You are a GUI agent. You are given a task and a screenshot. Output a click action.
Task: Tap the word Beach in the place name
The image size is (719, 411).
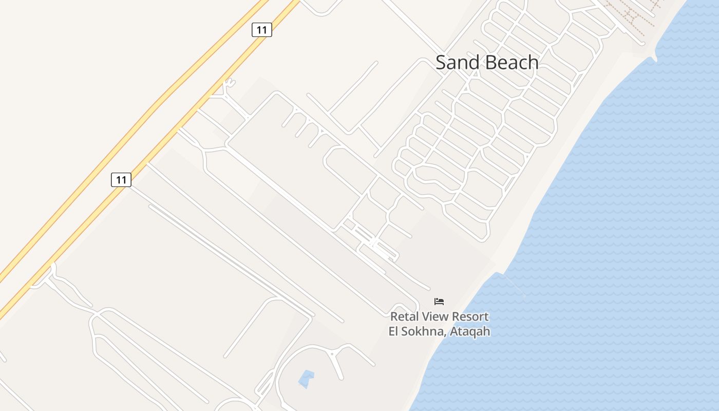512,63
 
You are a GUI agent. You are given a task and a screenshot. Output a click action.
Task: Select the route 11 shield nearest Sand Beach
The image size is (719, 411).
261,30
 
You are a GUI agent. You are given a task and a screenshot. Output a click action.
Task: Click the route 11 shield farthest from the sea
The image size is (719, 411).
121,180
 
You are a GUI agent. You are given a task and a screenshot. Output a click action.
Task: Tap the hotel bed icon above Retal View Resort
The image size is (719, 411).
439,302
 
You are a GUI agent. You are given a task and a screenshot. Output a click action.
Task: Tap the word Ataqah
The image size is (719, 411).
470,331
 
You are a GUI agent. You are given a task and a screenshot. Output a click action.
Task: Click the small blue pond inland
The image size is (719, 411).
306,379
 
